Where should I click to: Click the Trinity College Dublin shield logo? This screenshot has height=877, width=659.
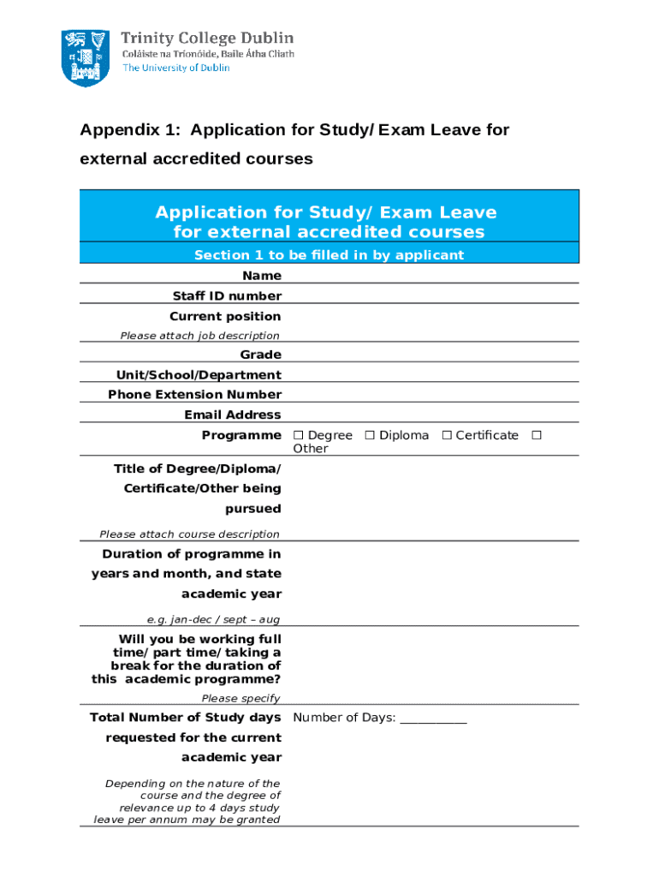(85, 57)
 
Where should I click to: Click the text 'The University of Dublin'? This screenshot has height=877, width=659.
(175, 69)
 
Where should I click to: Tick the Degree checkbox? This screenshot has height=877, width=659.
(298, 436)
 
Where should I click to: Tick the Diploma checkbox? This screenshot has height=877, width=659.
(370, 436)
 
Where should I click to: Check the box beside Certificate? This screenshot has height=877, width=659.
(447, 436)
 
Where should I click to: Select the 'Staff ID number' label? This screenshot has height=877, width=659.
(225, 296)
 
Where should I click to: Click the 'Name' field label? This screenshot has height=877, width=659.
(261, 276)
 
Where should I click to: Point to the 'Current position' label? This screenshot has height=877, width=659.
(225, 317)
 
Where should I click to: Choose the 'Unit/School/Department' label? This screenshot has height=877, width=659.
(199, 375)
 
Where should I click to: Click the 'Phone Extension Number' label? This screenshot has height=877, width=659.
(194, 395)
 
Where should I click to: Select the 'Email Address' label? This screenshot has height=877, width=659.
(232, 415)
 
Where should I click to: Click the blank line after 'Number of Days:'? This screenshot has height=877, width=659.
(433, 719)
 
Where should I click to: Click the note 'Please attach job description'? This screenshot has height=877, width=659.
(199, 336)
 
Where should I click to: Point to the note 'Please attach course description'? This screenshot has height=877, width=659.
(189, 534)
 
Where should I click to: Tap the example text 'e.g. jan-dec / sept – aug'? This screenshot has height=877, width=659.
(213, 619)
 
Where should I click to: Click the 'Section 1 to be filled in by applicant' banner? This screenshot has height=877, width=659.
(329, 255)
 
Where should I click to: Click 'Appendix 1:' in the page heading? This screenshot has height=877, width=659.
(131, 130)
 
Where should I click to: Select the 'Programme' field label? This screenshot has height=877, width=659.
(240, 436)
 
